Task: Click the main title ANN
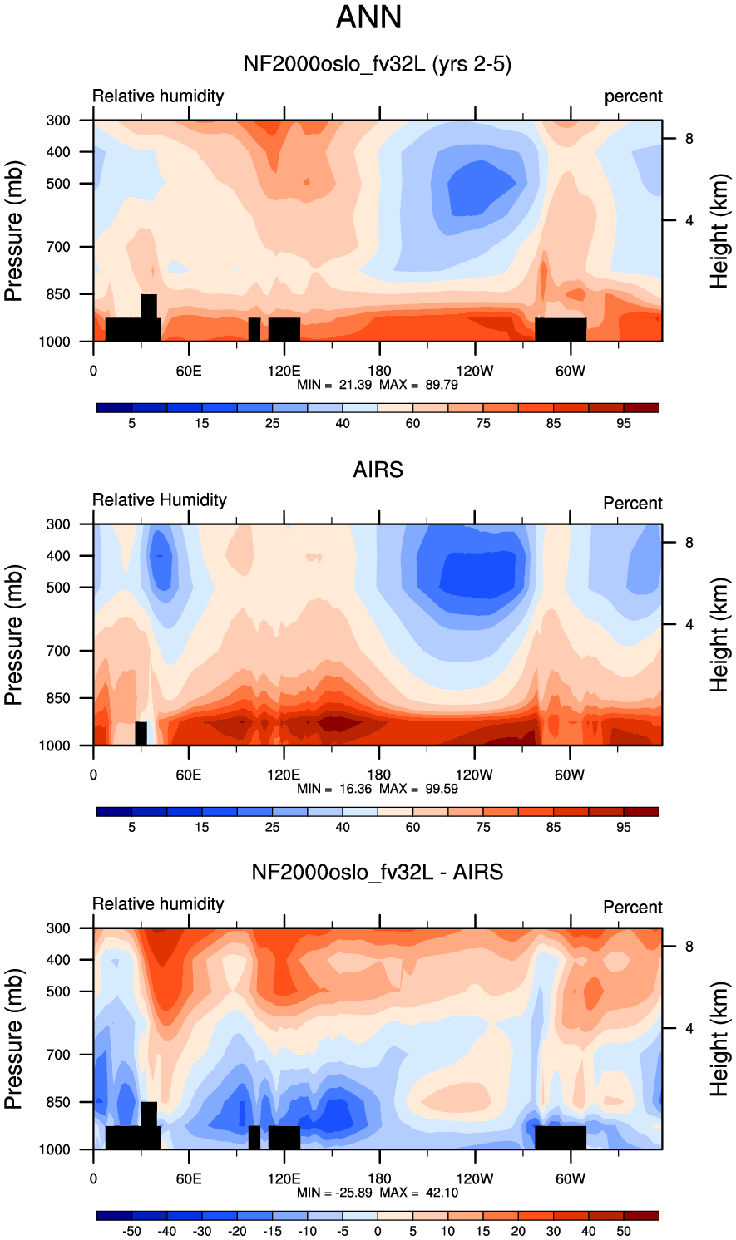(368, 17)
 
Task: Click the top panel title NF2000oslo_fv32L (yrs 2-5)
(377, 64)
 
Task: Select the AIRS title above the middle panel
(378, 470)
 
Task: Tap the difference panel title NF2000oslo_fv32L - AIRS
(377, 872)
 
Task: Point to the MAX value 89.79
(442, 385)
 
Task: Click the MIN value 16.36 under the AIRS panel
(355, 788)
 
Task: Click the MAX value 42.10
(442, 1193)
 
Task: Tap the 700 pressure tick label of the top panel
(58, 247)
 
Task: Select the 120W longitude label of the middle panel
(475, 775)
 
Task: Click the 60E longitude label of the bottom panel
(189, 1178)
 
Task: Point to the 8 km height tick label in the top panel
(689, 139)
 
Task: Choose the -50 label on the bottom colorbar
(131, 1231)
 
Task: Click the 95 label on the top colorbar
(624, 424)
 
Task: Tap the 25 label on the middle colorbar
(272, 827)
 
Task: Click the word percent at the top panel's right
(633, 96)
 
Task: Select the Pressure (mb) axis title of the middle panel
(13, 635)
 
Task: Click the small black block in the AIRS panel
(141, 734)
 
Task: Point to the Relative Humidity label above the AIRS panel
(160, 499)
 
